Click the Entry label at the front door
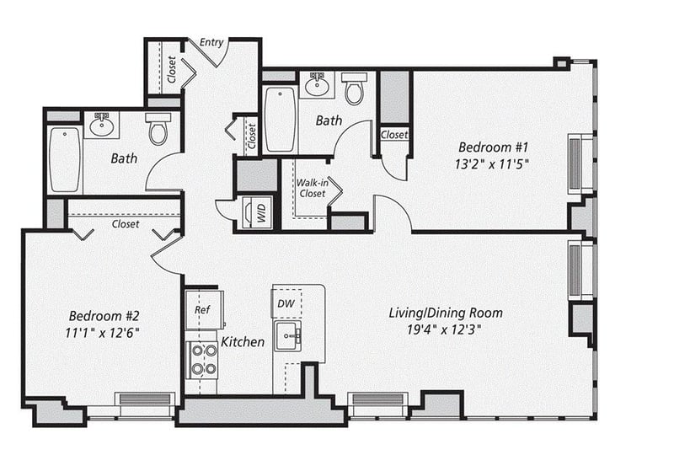pyautogui.click(x=211, y=42)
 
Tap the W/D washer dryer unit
pyautogui.click(x=257, y=212)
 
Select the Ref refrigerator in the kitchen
pyautogui.click(x=204, y=309)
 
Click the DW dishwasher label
pyautogui.click(x=286, y=303)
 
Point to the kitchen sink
pyautogui.click(x=287, y=336)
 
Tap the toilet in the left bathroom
pyautogui.click(x=158, y=128)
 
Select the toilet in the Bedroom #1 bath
pyautogui.click(x=354, y=88)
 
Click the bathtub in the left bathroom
pyautogui.click(x=65, y=159)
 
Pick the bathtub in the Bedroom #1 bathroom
pyautogui.click(x=281, y=119)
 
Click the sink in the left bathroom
pyautogui.click(x=101, y=125)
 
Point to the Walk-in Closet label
pyautogui.click(x=313, y=189)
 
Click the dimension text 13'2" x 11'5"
pyautogui.click(x=492, y=163)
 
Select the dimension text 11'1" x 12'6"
pyautogui.click(x=102, y=333)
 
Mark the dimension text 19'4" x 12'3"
pyautogui.click(x=444, y=329)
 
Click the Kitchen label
pyautogui.click(x=243, y=342)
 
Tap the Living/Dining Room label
pyautogui.click(x=446, y=313)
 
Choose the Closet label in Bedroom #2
pyautogui.click(x=126, y=224)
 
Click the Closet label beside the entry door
pyautogui.click(x=172, y=70)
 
